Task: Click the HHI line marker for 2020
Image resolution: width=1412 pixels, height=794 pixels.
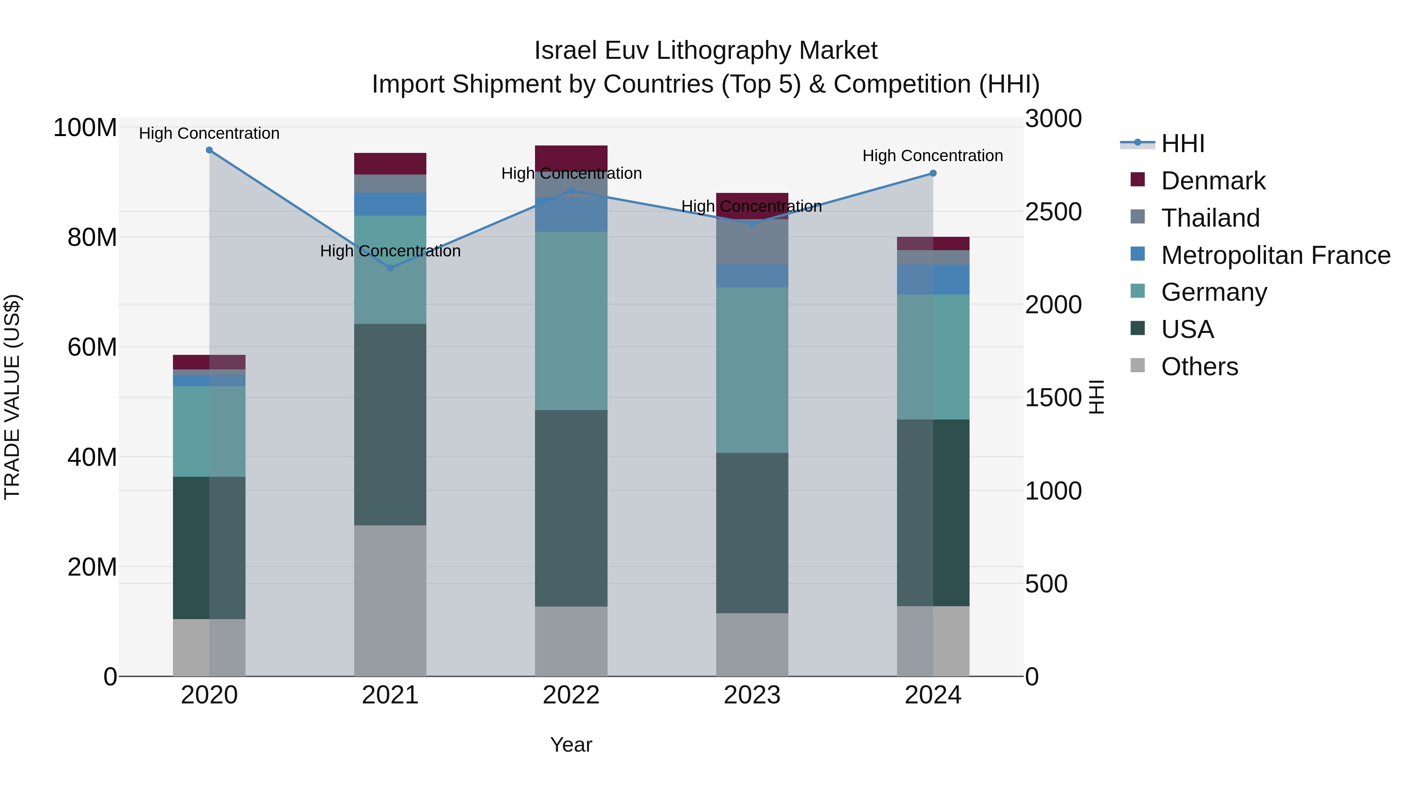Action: [209, 150]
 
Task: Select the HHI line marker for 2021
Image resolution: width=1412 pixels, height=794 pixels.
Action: [390, 268]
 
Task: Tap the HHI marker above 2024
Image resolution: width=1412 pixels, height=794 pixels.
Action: [933, 173]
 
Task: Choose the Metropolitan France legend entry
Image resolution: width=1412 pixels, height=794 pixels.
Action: [1275, 255]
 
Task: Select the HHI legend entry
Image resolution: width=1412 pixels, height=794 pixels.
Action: [1182, 144]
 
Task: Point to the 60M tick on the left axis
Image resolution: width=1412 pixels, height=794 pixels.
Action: [92, 347]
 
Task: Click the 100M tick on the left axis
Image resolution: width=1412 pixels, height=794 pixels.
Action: [85, 128]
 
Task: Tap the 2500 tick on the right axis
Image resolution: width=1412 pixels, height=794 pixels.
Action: [1053, 212]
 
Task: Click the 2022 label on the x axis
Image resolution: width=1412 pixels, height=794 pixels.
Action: [571, 695]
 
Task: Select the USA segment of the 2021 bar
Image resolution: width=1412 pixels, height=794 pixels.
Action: [390, 425]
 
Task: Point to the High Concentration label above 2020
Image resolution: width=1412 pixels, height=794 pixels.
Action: [209, 134]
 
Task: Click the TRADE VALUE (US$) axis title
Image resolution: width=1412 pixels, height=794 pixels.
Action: [12, 397]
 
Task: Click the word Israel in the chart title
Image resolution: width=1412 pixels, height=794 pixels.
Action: [566, 51]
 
